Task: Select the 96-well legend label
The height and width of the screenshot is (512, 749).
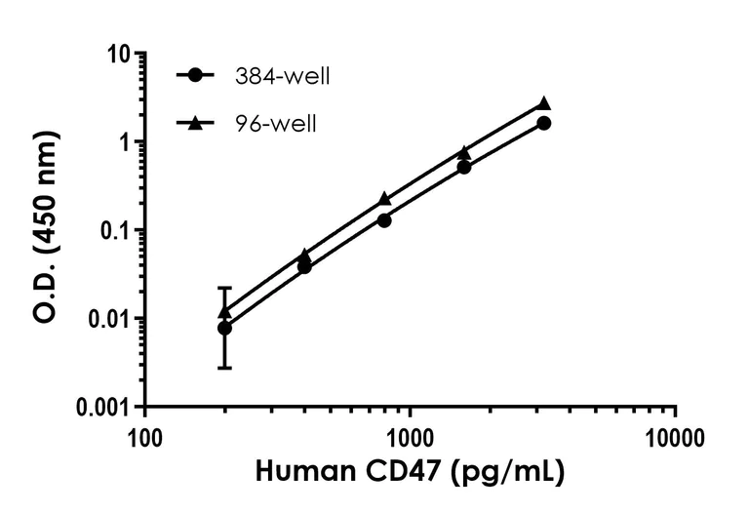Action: pos(268,124)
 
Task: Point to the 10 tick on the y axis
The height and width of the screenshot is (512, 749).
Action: pos(120,55)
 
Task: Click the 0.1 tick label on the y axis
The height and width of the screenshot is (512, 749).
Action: pos(114,231)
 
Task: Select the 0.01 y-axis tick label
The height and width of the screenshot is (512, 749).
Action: pos(108,319)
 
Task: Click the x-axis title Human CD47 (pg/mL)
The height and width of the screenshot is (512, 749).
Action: pos(410,473)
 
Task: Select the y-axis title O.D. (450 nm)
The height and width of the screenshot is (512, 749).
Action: pos(45,230)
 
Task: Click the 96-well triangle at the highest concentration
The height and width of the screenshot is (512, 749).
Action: pos(544,103)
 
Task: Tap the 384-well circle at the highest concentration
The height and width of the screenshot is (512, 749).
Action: pos(544,123)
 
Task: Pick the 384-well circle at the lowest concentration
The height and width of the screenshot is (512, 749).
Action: pos(225,328)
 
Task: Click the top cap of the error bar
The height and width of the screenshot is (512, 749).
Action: pos(225,288)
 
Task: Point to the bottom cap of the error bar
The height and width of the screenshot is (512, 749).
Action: pos(225,368)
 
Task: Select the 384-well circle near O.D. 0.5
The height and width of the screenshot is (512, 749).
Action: pos(464,167)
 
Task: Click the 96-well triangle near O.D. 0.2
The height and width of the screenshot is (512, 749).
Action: pos(384,198)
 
